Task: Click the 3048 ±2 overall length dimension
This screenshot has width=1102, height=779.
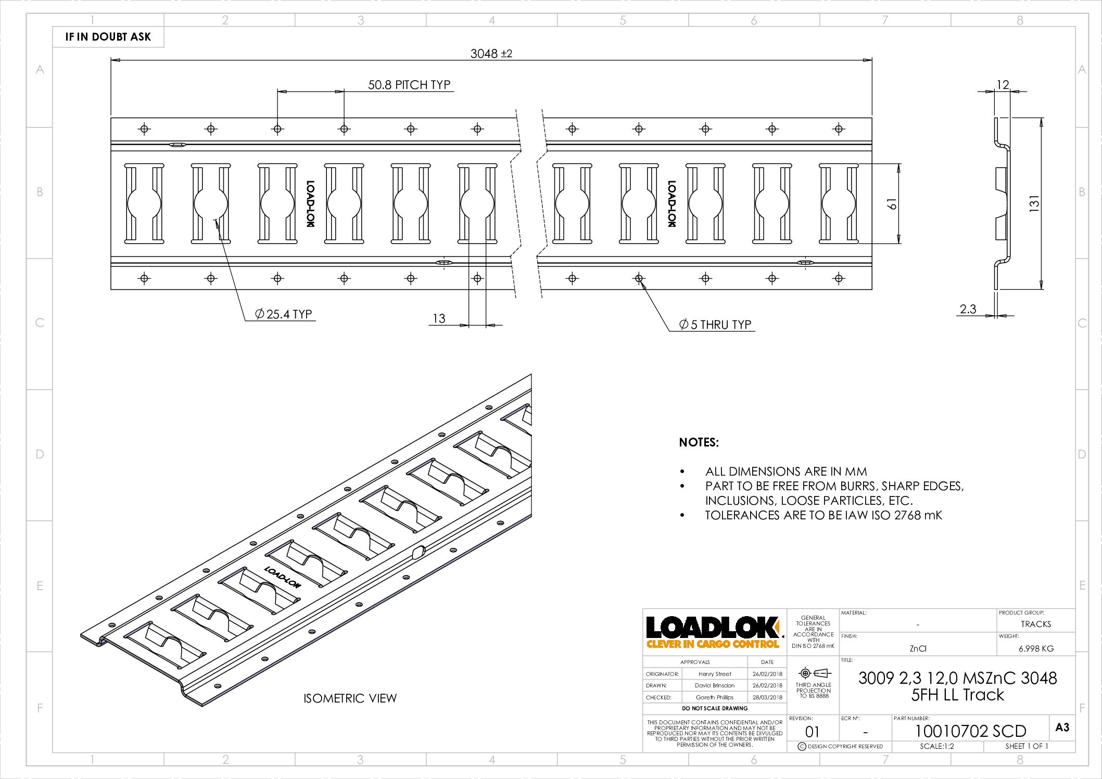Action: click(x=491, y=54)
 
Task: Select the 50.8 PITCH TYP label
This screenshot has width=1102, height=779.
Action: click(x=409, y=85)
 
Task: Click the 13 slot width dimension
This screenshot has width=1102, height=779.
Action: click(x=439, y=318)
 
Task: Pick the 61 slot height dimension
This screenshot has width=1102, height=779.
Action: click(x=892, y=203)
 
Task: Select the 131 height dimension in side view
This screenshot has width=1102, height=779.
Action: click(x=1034, y=203)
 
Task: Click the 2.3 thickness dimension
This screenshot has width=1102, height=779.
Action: click(x=968, y=309)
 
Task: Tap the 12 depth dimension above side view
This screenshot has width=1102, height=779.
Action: click(x=1003, y=84)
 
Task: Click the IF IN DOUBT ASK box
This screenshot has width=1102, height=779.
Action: click(x=108, y=37)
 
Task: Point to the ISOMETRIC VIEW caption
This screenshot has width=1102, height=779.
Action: click(x=350, y=698)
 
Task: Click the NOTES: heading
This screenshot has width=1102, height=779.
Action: click(x=699, y=442)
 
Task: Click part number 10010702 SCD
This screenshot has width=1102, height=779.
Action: click(x=970, y=731)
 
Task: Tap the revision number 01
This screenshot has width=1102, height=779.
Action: click(x=812, y=732)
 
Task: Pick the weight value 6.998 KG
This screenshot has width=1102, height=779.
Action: click(x=1036, y=648)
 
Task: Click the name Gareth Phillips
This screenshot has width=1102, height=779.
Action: click(x=714, y=697)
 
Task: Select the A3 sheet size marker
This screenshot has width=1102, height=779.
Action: click(x=1062, y=727)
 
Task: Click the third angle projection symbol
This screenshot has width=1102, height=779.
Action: click(x=814, y=673)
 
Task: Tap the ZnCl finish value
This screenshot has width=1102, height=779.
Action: click(x=918, y=648)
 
